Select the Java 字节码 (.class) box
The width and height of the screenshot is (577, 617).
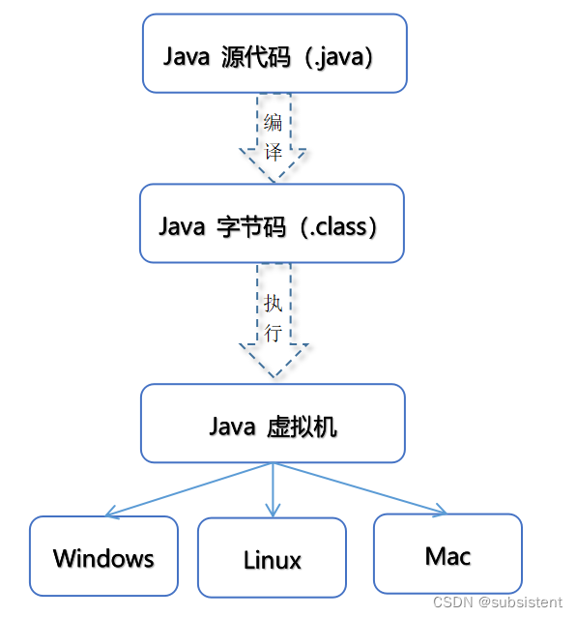(x=272, y=223)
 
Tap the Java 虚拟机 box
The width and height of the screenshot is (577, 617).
(x=273, y=424)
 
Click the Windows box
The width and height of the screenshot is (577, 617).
(x=103, y=556)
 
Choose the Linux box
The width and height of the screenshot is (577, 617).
(x=272, y=558)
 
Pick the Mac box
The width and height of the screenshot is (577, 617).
(x=447, y=553)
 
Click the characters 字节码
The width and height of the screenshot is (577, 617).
(x=248, y=226)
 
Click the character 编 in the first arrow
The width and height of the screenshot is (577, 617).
(x=274, y=123)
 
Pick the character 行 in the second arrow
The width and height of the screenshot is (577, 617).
(x=274, y=334)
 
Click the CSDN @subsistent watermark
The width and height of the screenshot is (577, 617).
(x=497, y=602)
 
